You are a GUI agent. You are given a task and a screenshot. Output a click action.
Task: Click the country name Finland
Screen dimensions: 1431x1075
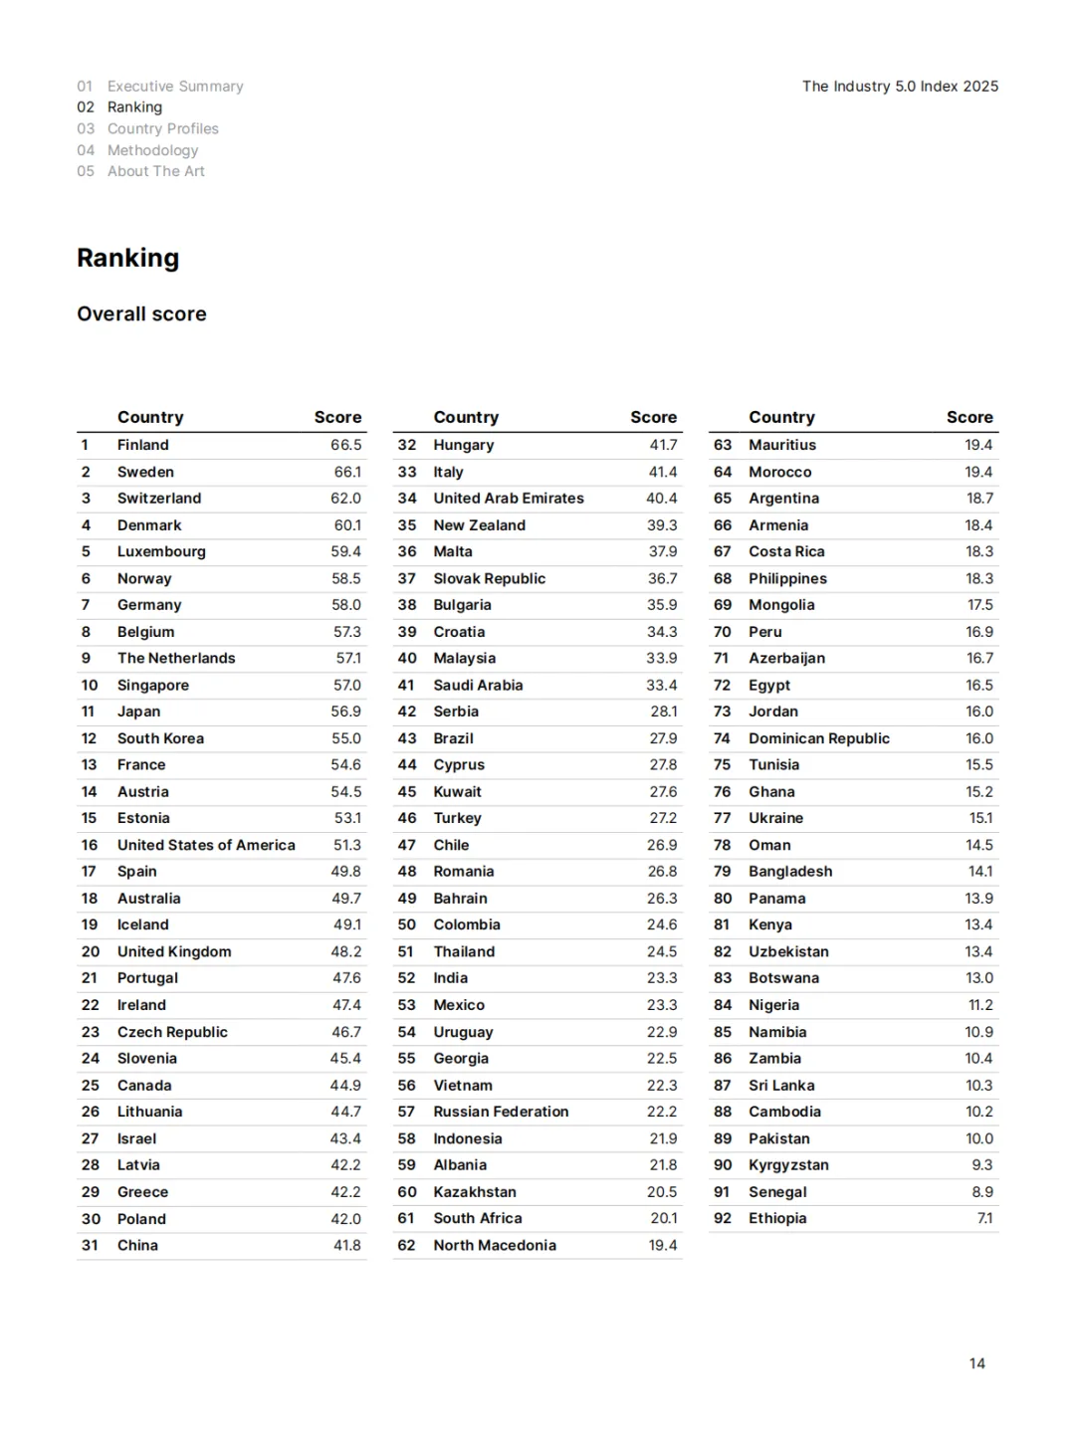143,445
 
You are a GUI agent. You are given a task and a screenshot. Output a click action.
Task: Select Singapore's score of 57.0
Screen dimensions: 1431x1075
346,685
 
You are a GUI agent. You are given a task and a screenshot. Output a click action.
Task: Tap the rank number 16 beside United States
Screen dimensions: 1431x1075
90,845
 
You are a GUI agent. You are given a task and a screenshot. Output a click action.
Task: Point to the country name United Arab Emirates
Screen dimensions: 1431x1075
509,498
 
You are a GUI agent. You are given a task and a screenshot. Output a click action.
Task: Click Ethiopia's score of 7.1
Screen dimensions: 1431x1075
984,1218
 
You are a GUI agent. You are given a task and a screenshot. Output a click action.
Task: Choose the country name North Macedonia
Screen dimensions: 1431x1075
495,1245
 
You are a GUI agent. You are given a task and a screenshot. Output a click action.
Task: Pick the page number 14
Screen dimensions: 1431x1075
976,1363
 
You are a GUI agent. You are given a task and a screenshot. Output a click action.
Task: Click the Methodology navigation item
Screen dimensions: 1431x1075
152,150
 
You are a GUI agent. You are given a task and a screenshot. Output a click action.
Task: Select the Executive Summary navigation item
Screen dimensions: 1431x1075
175,87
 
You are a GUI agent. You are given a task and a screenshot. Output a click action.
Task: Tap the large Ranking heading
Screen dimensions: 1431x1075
128,258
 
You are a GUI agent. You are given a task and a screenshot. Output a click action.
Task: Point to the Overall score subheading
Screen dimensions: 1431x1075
141,313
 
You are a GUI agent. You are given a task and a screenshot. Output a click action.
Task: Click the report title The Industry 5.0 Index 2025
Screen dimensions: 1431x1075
900,87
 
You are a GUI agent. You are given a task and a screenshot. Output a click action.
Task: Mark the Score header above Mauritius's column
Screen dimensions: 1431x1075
969,417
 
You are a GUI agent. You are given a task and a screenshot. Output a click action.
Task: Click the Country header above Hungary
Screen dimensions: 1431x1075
466,417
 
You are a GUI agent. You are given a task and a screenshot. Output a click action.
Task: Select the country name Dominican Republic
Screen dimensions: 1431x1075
819,738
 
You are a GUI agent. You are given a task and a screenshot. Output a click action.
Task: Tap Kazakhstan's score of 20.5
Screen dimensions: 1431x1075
662,1191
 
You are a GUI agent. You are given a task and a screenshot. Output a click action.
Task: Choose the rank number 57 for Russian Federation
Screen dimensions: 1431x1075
406,1112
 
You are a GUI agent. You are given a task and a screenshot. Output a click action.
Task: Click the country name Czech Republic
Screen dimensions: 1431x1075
172,1032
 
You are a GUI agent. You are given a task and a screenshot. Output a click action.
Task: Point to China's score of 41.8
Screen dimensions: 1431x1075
346,1245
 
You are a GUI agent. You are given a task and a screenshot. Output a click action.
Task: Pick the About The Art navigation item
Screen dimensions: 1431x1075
156,171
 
